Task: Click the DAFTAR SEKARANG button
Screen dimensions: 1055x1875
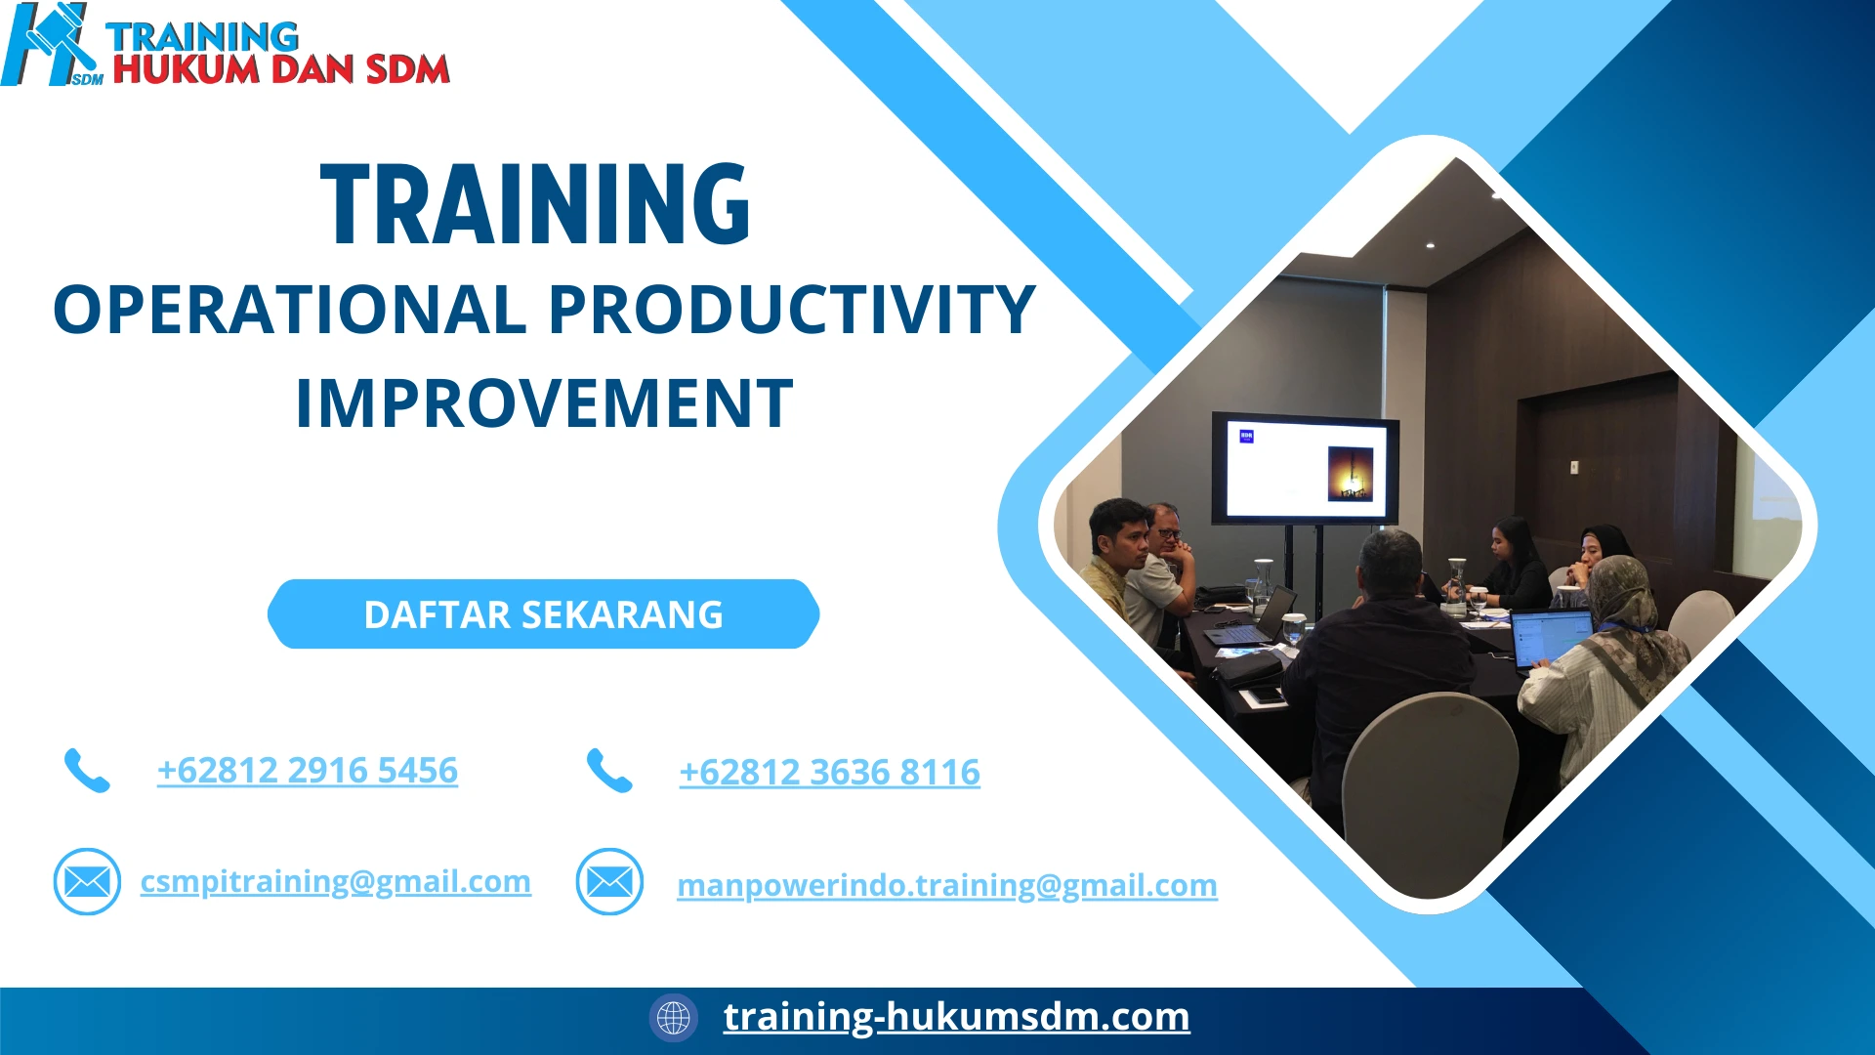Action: point(543,614)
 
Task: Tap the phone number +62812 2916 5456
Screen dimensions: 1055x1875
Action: point(308,771)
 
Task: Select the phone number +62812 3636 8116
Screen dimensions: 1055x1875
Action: point(829,773)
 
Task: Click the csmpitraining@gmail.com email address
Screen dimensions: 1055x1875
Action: point(335,881)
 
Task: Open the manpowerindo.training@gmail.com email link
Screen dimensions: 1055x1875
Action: point(946,885)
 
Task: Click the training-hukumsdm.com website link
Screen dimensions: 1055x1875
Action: point(956,1017)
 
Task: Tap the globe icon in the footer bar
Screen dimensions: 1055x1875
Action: point(673,1018)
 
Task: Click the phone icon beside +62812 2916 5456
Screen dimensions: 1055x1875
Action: point(87,771)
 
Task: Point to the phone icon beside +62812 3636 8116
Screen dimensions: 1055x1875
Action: point(609,771)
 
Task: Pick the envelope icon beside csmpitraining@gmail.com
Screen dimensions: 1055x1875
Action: point(87,882)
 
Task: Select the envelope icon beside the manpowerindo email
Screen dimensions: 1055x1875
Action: point(609,882)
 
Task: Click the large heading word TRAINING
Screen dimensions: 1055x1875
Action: point(535,205)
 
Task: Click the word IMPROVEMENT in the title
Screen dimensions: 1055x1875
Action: point(544,403)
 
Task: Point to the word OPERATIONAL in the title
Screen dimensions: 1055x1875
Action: point(289,310)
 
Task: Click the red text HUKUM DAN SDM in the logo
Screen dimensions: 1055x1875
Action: point(281,70)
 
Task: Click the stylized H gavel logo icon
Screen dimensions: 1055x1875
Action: point(49,45)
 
